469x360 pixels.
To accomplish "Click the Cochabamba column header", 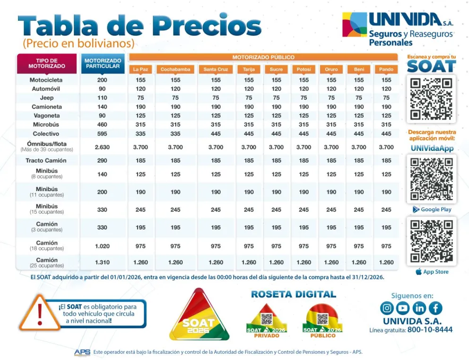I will pyautogui.click(x=175, y=70).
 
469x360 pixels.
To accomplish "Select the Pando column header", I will pyautogui.click(x=386, y=70).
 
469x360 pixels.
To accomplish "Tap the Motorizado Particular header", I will pyautogui.click(x=103, y=63).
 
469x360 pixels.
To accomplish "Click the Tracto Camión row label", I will pyautogui.click(x=46, y=161).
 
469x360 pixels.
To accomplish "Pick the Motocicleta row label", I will pyautogui.click(x=46, y=80).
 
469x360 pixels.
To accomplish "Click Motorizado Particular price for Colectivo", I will pyautogui.click(x=102, y=134).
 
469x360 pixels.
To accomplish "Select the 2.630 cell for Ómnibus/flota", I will pyautogui.click(x=102, y=147).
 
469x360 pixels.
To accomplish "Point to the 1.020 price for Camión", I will pyautogui.click(x=102, y=246).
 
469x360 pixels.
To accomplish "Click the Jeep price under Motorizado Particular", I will pyautogui.click(x=102, y=98).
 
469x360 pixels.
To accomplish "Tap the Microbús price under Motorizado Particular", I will pyautogui.click(x=102, y=125).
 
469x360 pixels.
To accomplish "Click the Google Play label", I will pyautogui.click(x=432, y=210).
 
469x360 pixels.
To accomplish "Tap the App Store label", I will pyautogui.click(x=432, y=272).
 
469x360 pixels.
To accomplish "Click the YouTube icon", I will pyautogui.click(x=403, y=308).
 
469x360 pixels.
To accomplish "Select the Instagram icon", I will pyautogui.click(x=387, y=308).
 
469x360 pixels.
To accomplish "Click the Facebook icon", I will pyautogui.click(x=435, y=308).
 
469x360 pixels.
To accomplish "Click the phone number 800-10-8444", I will pyautogui.click(x=429, y=330).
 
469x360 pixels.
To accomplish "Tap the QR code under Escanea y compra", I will pyautogui.click(x=432, y=98).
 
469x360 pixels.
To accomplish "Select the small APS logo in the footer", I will pyautogui.click(x=82, y=352).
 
